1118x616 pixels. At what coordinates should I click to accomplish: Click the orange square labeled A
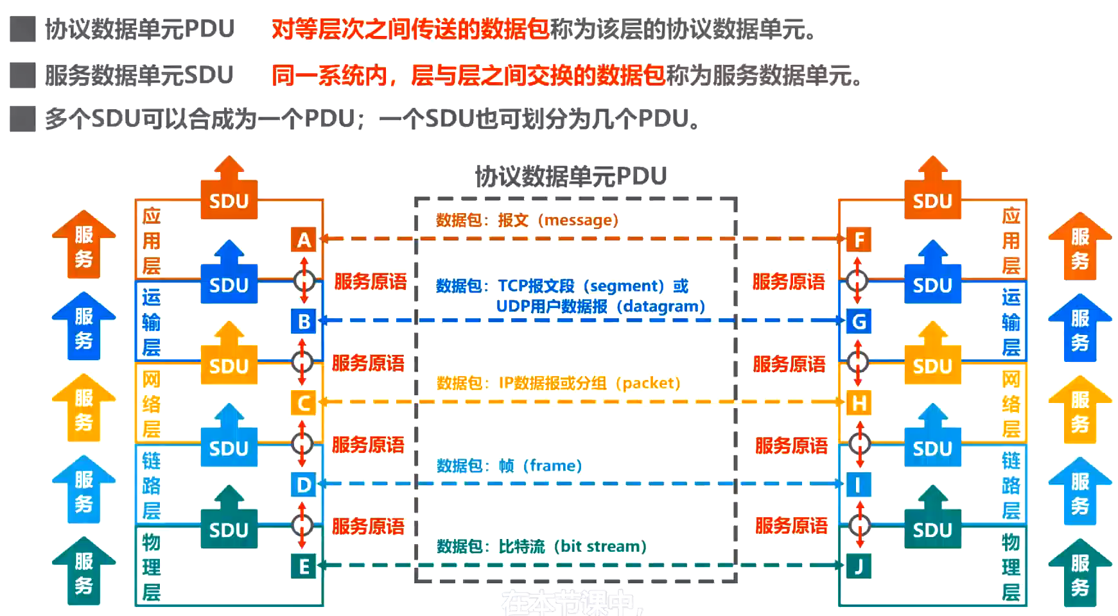(x=303, y=239)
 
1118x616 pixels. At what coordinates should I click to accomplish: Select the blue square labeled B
(x=303, y=321)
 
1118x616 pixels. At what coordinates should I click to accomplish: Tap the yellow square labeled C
(x=303, y=403)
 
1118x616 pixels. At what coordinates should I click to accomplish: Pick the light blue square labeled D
(x=303, y=484)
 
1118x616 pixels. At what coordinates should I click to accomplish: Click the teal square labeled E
(x=303, y=566)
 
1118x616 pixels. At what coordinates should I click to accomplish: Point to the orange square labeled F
(x=859, y=239)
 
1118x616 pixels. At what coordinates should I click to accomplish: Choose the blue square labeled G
(x=859, y=321)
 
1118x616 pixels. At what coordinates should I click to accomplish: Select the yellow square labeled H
(x=859, y=403)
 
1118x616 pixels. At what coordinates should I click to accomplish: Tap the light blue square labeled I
(x=859, y=484)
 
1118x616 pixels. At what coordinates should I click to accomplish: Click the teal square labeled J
(x=859, y=566)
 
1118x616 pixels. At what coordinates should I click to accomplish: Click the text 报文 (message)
(x=557, y=220)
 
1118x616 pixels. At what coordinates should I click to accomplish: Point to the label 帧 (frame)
(x=540, y=465)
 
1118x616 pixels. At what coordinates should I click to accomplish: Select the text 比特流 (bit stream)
(x=572, y=546)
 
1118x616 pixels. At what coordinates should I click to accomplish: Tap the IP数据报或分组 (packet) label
(x=589, y=383)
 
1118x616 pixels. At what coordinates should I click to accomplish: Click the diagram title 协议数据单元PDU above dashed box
(x=570, y=176)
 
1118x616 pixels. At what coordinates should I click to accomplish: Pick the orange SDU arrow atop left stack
(x=229, y=189)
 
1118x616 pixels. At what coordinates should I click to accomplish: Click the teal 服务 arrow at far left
(x=83, y=571)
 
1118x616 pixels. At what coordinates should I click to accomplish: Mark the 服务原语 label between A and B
(x=371, y=281)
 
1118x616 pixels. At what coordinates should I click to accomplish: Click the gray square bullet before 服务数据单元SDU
(x=23, y=75)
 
